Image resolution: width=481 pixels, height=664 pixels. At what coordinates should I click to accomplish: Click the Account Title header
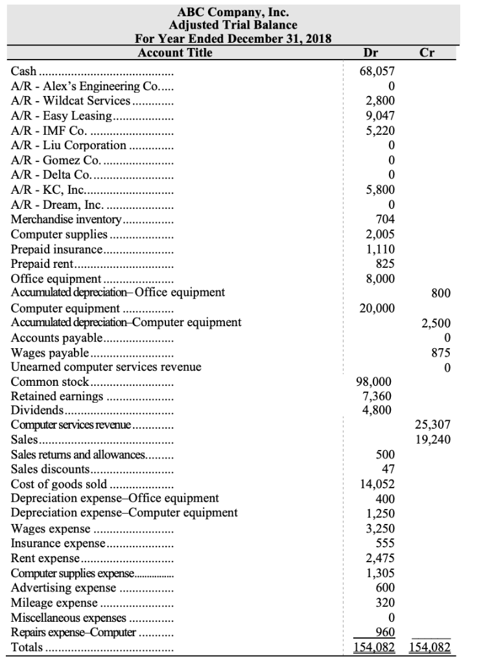(x=175, y=53)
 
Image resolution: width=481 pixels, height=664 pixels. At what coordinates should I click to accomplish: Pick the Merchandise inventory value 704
(x=386, y=219)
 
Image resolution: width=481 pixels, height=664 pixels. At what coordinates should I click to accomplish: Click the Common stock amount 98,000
(x=377, y=382)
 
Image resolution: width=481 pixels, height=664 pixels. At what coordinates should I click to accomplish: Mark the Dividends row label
(x=37, y=410)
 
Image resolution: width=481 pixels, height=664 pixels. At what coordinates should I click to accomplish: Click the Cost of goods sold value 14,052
(x=377, y=484)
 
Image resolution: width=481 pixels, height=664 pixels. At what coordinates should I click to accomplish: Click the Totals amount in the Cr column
(x=430, y=648)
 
